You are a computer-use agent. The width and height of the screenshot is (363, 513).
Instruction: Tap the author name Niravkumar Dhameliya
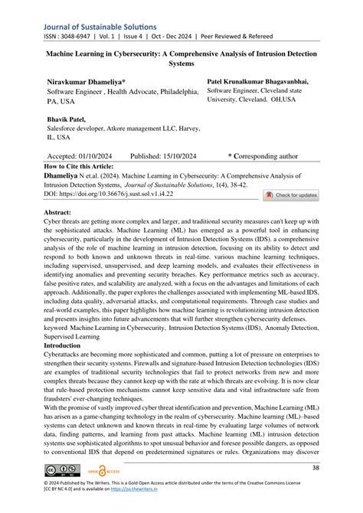pos(87,80)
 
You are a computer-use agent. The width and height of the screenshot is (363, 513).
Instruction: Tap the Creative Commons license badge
pos(60,469)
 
